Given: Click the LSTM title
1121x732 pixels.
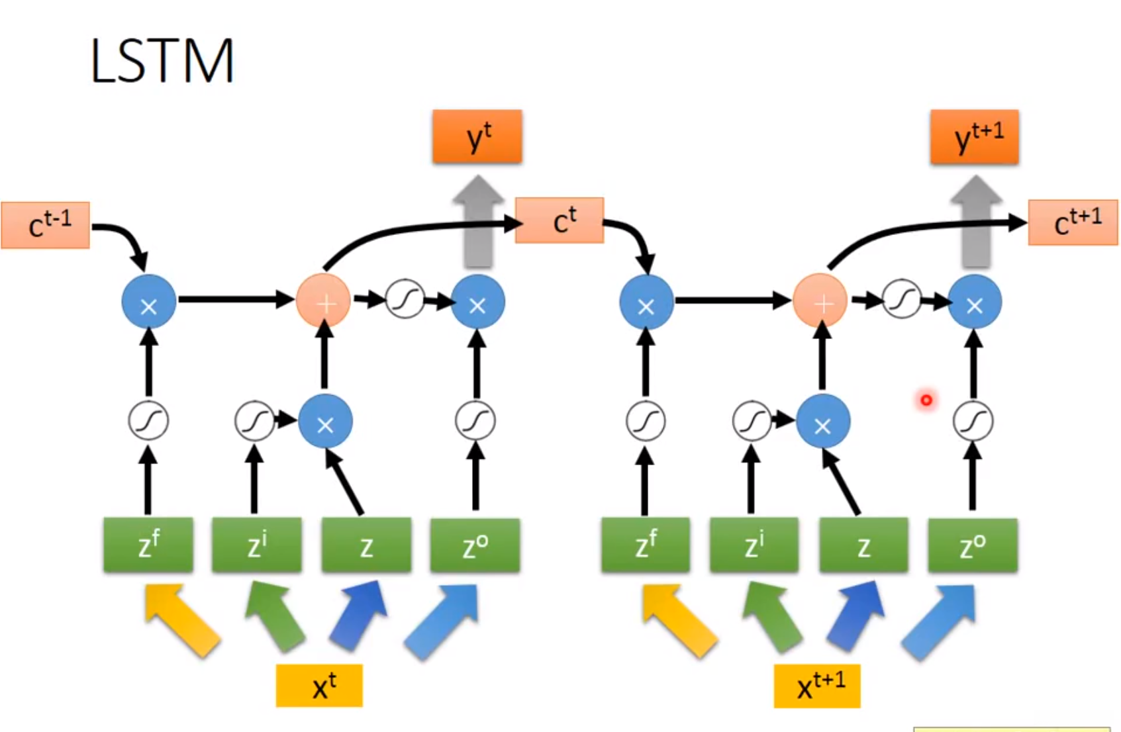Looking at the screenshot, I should click(x=162, y=61).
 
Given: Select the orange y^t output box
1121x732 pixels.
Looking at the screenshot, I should click(x=477, y=137).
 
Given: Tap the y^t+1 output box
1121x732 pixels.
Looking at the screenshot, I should click(x=974, y=137).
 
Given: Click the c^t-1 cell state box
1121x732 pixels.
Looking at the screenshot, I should click(x=46, y=226).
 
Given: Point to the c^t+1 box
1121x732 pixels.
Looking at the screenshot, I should click(x=1073, y=223).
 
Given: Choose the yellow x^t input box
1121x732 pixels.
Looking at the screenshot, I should click(x=319, y=686).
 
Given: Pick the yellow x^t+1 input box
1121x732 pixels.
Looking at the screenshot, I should click(x=817, y=686).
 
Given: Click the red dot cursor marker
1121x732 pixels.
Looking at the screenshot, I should click(x=926, y=400).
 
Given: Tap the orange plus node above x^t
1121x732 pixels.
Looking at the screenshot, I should click(x=324, y=302).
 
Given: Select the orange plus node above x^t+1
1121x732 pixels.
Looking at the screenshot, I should click(x=820, y=302).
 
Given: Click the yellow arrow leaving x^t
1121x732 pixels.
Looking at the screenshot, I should click(x=181, y=619).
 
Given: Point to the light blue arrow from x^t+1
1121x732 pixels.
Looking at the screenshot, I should click(x=940, y=622).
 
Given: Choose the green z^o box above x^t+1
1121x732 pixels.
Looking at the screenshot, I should click(x=973, y=545).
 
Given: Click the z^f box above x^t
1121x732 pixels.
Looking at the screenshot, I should click(x=148, y=545).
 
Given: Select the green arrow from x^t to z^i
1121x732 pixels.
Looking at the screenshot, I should click(x=274, y=616).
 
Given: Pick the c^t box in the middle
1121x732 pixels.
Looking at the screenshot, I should click(x=560, y=220).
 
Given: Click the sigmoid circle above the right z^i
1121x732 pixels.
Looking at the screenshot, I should click(x=752, y=421).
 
